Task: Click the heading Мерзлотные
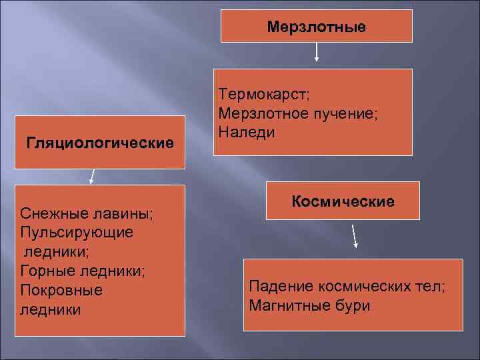click(x=316, y=27)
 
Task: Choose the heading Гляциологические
click(x=100, y=143)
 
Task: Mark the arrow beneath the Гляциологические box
click(x=93, y=176)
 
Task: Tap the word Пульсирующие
click(x=77, y=233)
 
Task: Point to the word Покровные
click(x=61, y=291)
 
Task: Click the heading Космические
click(x=343, y=201)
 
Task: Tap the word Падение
click(x=280, y=287)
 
